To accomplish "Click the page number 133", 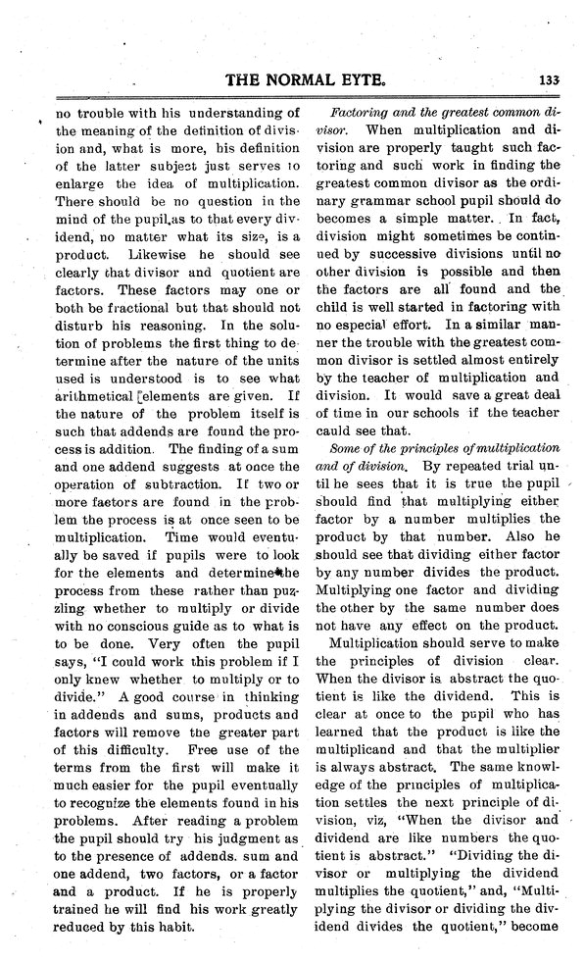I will click(548, 82).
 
